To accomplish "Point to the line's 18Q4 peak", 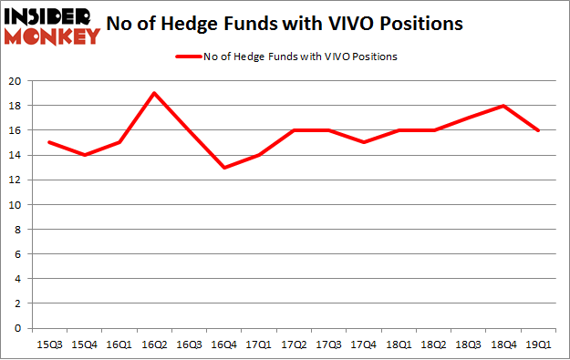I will pos(503,106).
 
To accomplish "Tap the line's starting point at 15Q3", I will pos(49,142).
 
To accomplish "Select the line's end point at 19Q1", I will pos(538,130).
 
